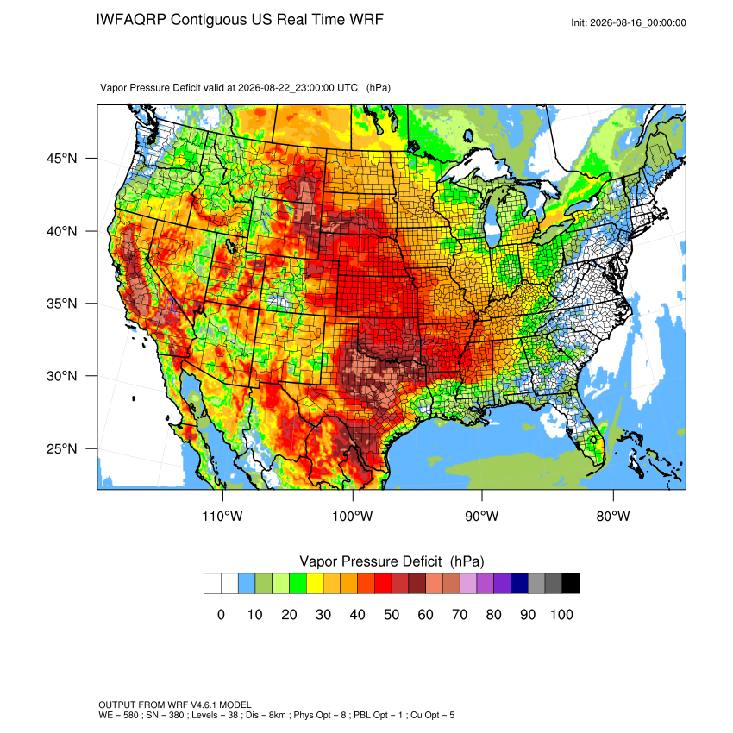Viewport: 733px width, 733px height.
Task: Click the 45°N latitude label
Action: [x=61, y=159]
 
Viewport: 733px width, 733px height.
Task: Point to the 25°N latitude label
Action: [x=61, y=448]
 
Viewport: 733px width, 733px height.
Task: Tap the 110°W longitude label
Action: [x=222, y=516]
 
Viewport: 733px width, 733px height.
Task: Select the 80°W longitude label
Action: [x=613, y=516]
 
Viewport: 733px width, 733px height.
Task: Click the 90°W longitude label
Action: [x=481, y=516]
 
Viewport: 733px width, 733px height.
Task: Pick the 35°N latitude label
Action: [x=61, y=304]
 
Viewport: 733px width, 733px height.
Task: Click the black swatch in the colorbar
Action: [x=571, y=584]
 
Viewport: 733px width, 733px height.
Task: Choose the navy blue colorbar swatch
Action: [x=519, y=584]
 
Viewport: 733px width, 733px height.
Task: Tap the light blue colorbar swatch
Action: [x=247, y=584]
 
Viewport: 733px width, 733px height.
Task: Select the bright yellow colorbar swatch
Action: [x=315, y=584]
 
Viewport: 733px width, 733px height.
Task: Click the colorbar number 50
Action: [x=392, y=614]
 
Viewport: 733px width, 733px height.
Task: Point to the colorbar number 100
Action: [x=561, y=614]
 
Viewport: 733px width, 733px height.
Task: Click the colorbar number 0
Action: [x=221, y=614]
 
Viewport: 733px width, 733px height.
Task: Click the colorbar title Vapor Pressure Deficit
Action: [x=370, y=561]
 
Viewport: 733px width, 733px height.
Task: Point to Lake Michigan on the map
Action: [x=491, y=220]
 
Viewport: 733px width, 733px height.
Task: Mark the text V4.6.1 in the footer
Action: [x=204, y=705]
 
